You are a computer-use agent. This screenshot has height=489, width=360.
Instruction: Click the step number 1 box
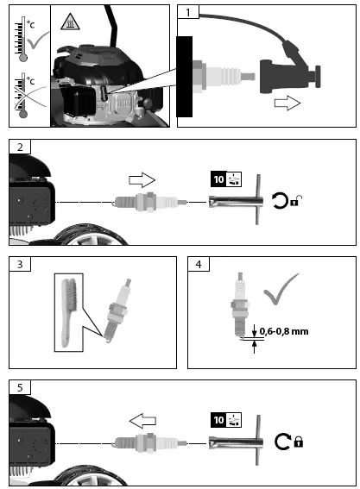[192, 13]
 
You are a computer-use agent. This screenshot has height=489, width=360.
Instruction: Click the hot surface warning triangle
[65, 19]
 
